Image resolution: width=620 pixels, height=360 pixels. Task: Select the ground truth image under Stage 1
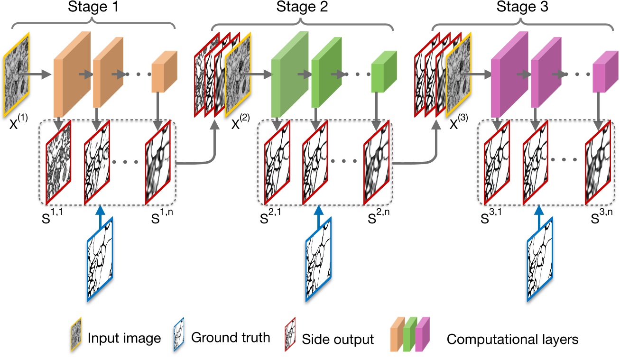point(101,259)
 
